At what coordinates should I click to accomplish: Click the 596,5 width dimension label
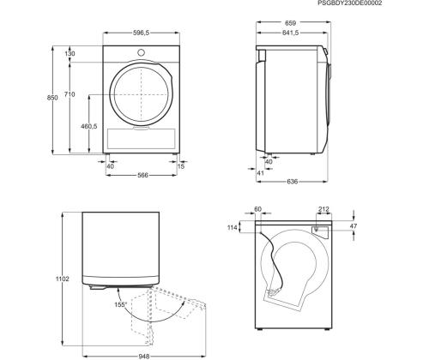click(141, 33)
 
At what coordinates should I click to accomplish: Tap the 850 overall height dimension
click(52, 98)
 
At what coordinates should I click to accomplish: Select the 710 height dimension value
click(69, 94)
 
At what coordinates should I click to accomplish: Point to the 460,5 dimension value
click(89, 126)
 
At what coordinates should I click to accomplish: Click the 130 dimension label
click(69, 53)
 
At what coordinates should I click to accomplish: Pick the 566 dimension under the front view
click(142, 175)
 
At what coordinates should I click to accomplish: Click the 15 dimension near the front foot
click(181, 166)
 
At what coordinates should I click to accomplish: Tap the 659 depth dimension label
click(290, 22)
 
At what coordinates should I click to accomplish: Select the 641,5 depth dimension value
click(290, 33)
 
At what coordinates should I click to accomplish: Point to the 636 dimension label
click(292, 182)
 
